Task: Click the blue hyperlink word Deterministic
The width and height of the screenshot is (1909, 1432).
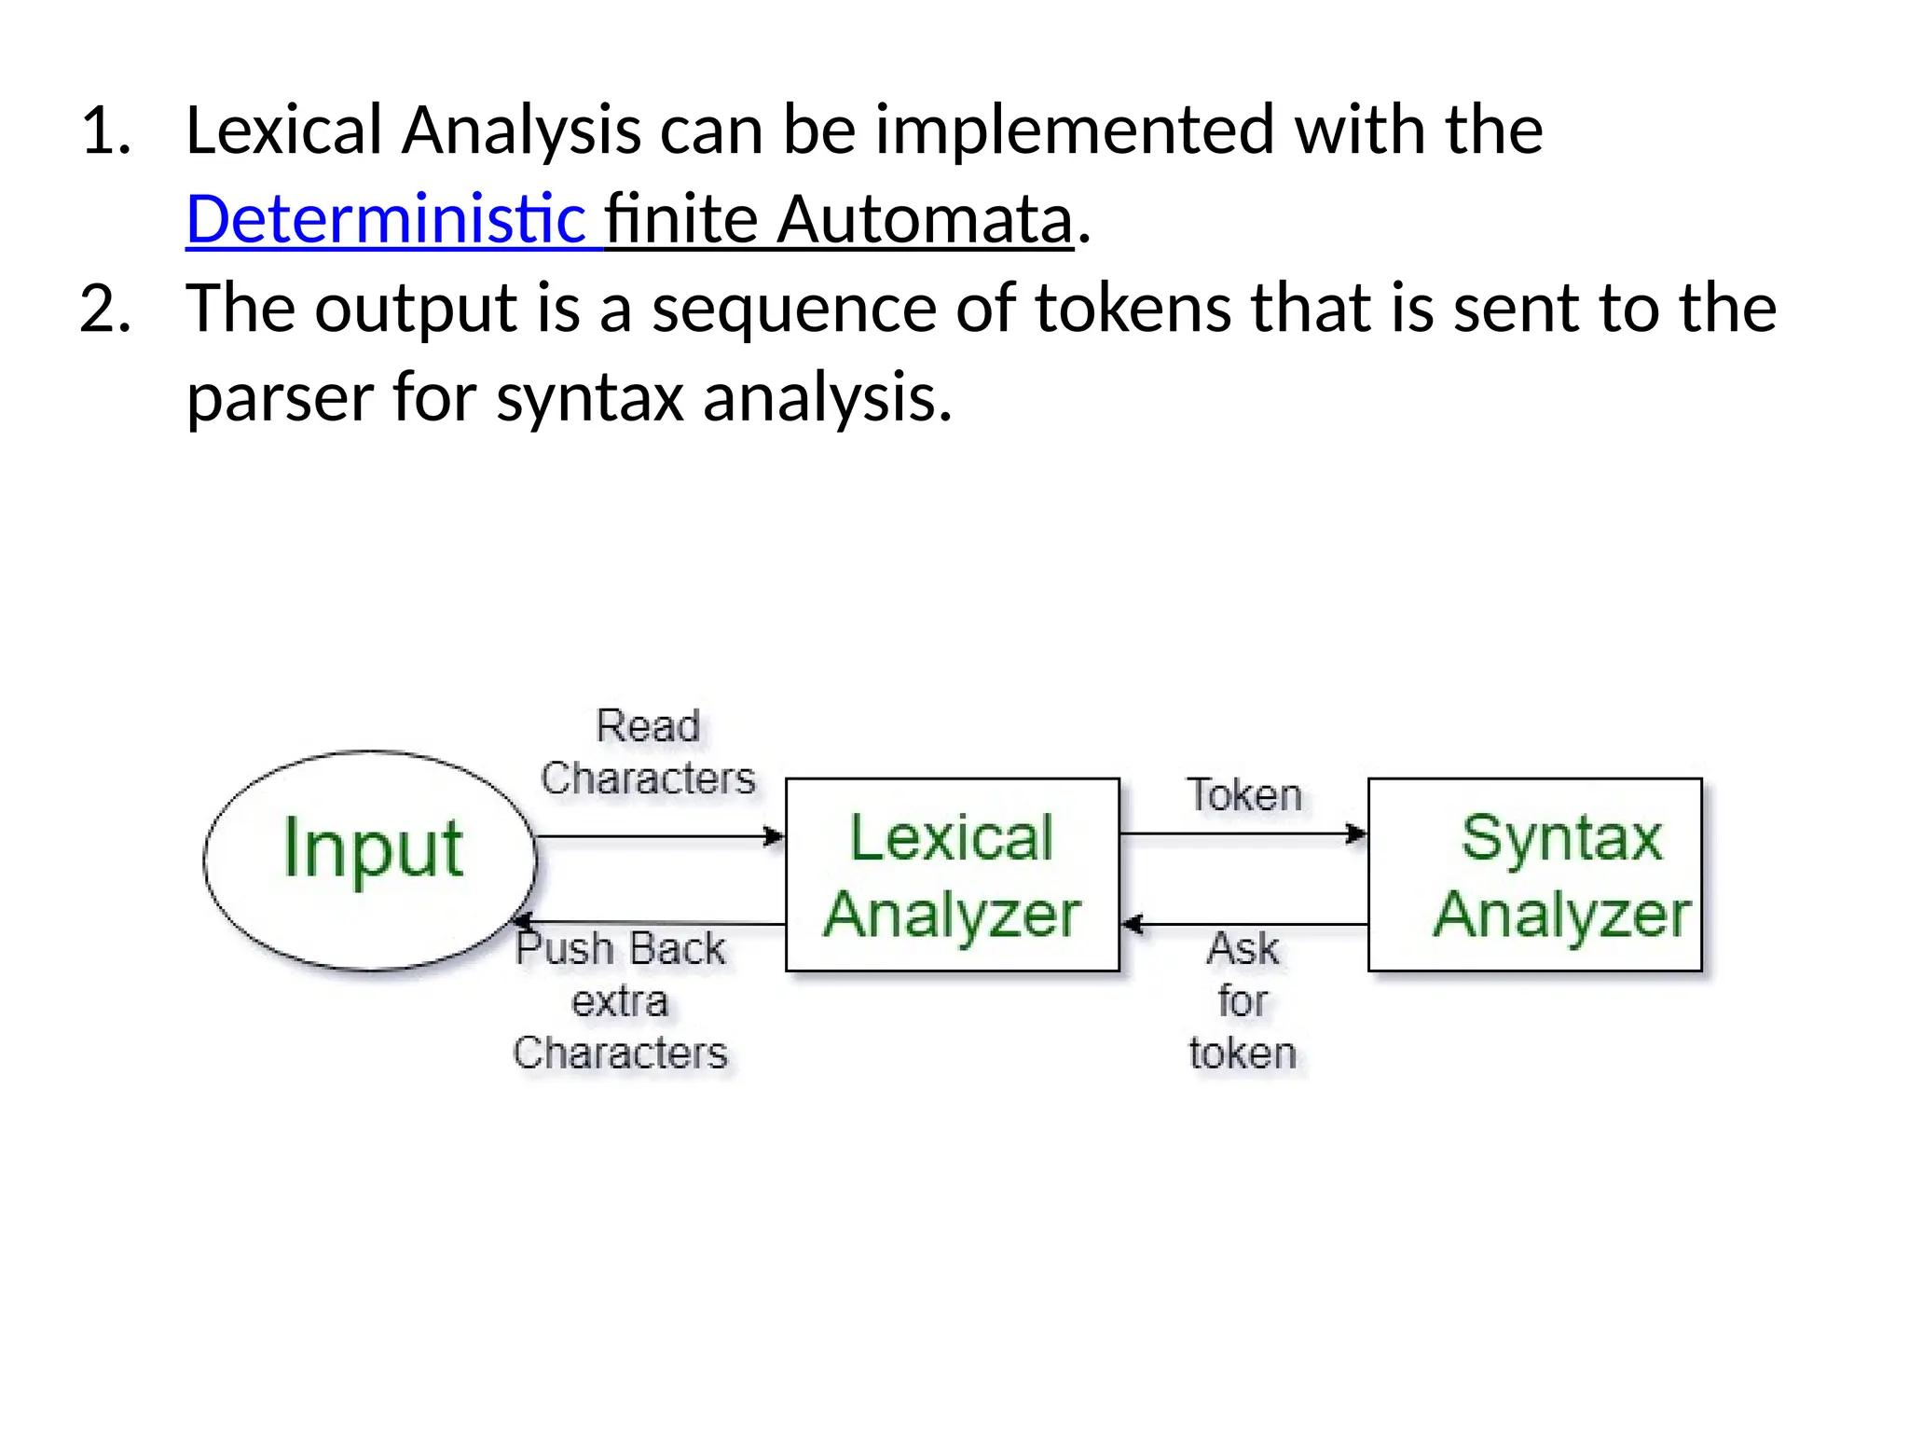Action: tap(385, 219)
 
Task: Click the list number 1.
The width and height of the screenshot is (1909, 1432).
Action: tap(105, 131)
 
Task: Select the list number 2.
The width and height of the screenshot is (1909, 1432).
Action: tap(105, 309)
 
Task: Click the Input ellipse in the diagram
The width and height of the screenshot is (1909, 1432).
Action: tap(371, 860)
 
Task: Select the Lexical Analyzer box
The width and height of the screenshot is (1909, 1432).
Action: tap(952, 874)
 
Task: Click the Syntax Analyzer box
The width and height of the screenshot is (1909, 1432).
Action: tap(1534, 874)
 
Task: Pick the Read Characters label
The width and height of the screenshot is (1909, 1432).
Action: tap(648, 752)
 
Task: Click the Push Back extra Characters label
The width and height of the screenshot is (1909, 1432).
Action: tap(621, 1000)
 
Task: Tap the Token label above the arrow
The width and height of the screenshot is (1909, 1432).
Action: tap(1243, 795)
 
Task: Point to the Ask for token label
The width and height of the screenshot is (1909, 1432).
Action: tap(1243, 1000)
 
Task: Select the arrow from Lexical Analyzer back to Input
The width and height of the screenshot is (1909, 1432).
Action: tap(652, 923)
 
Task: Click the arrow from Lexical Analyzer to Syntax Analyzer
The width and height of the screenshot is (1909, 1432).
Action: tap(1243, 833)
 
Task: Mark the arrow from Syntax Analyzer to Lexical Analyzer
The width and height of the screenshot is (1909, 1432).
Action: tap(1244, 925)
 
